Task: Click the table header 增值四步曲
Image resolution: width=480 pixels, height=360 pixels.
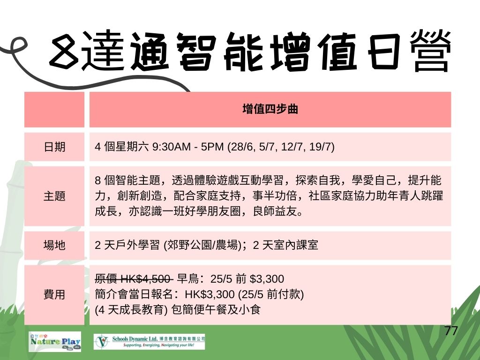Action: pos(270,109)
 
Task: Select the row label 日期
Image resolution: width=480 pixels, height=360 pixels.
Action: pos(54,147)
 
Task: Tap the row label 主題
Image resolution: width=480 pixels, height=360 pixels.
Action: pos(54,196)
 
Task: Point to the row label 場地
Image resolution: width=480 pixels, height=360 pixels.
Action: pos(54,245)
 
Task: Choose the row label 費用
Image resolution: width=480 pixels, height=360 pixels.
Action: pos(54,294)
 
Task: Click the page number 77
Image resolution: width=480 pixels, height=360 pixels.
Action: pos(451,331)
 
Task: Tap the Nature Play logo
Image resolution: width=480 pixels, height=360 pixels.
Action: pos(55,341)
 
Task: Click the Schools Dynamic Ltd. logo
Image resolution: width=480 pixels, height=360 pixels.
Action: pos(150,342)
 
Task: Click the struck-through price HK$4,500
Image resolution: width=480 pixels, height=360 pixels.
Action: pos(146,279)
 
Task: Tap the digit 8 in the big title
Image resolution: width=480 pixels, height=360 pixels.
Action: pos(64,51)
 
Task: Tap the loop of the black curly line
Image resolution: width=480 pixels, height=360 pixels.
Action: pos(19,45)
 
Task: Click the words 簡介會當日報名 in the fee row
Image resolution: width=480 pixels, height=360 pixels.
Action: pos(134,294)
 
